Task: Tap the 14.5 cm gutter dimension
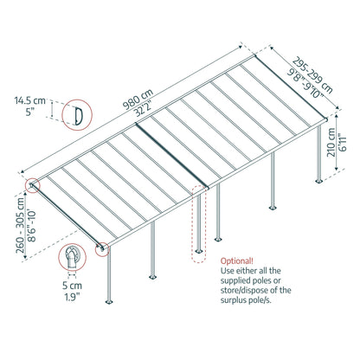tap(29, 100)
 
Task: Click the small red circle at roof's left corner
tap(33, 185)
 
